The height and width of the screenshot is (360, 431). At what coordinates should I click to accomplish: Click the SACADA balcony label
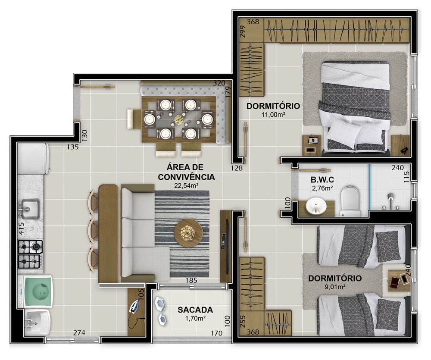(x=195, y=310)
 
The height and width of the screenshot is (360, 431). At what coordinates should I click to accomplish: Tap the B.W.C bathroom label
(x=322, y=180)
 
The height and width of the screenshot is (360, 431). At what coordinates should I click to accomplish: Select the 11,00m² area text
(x=273, y=114)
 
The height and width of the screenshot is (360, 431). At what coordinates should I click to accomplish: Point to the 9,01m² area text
(x=335, y=287)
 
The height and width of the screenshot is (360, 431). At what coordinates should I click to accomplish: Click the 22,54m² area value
(x=186, y=186)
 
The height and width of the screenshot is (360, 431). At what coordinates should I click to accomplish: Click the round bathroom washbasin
(x=316, y=206)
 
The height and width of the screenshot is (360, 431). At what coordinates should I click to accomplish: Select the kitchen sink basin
(x=30, y=209)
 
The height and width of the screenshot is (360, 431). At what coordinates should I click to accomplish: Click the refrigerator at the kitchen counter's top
(x=33, y=159)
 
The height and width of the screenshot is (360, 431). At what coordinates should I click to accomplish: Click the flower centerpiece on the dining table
(x=179, y=119)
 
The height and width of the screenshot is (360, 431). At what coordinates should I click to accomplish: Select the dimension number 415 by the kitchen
(x=22, y=229)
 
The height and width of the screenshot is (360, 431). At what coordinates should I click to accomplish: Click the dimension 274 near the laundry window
(x=79, y=333)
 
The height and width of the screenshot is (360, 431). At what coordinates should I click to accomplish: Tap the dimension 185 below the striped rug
(x=192, y=281)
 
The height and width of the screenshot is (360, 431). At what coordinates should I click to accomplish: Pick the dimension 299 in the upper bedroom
(x=242, y=32)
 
